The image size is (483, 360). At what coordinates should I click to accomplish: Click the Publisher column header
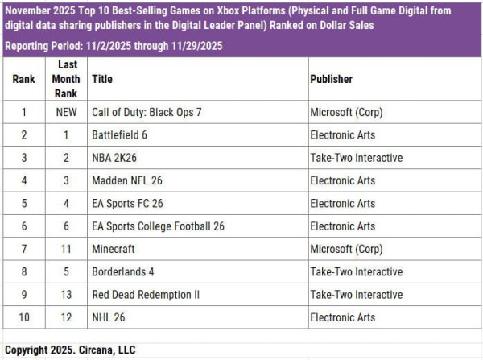click(331, 79)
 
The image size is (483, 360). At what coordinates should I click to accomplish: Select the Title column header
click(102, 79)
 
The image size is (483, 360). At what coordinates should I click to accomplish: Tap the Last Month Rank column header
click(66, 79)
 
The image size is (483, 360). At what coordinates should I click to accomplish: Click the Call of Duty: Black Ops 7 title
click(147, 112)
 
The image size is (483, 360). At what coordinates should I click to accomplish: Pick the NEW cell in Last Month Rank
click(66, 112)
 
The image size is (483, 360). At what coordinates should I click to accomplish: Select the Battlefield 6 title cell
click(120, 135)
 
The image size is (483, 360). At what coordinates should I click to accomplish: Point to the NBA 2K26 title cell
click(116, 158)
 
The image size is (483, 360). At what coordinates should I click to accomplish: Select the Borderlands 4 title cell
click(123, 271)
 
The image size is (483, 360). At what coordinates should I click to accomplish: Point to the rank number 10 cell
click(24, 317)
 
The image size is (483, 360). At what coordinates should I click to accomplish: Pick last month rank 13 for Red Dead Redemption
click(66, 295)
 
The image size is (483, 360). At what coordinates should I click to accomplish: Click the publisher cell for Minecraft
click(348, 249)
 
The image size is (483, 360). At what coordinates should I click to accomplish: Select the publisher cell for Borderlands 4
click(356, 271)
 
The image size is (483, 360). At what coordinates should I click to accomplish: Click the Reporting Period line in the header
click(113, 46)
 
